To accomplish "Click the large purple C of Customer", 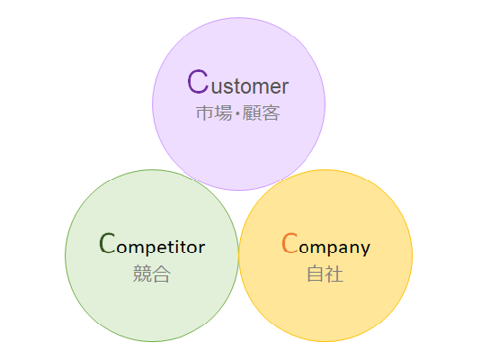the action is coord(198,82).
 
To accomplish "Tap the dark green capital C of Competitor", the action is coord(107,243).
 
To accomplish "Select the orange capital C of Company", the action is coord(290,243).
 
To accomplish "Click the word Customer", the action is coord(238,82).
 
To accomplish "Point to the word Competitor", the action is coord(152,244).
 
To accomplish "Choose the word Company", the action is coord(326,245).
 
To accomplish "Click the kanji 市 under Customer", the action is coord(205,112).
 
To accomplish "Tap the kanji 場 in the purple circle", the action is coord(224,112).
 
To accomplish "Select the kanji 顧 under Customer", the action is coord(252,112).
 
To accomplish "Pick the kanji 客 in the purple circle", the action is coord(271,112).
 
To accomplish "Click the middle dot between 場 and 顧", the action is coord(237,113).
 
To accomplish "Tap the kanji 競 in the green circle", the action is coord(142,274).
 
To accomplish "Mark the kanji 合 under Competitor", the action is coord(161,274).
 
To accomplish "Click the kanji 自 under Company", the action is coord(316,274).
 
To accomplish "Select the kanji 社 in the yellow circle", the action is coord(334,274).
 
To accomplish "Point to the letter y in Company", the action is coord(365,249).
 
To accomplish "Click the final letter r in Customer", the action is coord(285,87).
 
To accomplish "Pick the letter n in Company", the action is coord(353,247).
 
